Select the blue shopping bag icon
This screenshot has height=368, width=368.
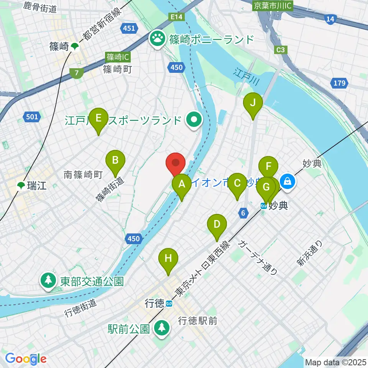point(287,182)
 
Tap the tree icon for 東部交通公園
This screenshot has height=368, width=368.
point(48,281)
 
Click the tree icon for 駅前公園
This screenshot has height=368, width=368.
point(161,328)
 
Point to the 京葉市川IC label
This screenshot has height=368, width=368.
point(273,6)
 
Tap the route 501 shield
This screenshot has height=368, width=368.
point(32,117)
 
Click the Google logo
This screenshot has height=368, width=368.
point(26,359)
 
